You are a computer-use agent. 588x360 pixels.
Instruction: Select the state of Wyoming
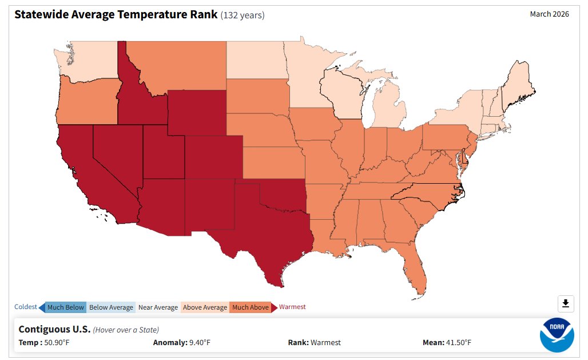[x=197, y=112]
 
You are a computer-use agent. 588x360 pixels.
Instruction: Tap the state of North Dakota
[x=255, y=60]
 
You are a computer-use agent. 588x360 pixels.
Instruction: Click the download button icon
[x=565, y=303]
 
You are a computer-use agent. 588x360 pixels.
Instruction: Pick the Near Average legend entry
[x=158, y=307]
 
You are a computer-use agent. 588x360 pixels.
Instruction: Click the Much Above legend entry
[x=250, y=307]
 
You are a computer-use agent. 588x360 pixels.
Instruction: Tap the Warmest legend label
[x=292, y=307]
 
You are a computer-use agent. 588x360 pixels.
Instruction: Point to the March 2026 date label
[x=549, y=14]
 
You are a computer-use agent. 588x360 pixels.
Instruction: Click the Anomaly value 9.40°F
[x=199, y=343]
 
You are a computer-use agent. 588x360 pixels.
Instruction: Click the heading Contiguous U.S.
[x=54, y=329]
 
